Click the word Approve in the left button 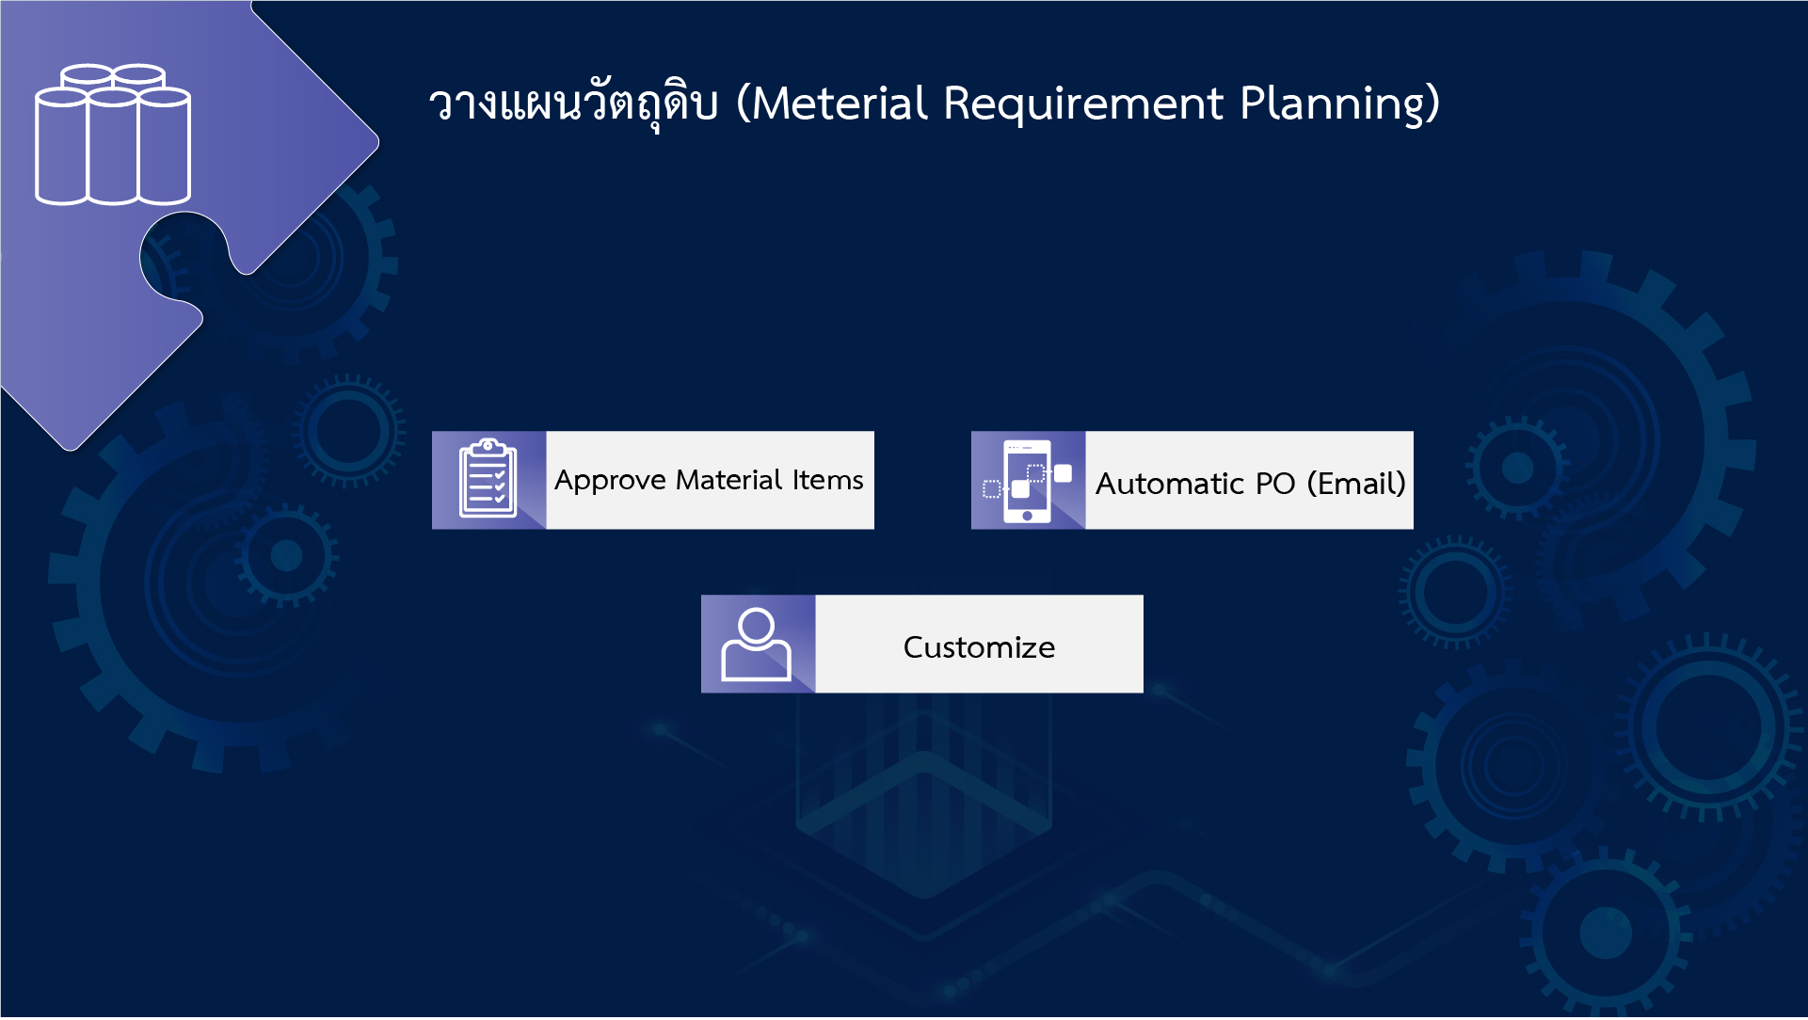click(x=610, y=481)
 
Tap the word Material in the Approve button click(x=728, y=480)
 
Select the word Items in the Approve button click(x=827, y=480)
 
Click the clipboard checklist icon click(x=488, y=479)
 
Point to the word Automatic click(x=1170, y=484)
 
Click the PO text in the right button click(x=1275, y=484)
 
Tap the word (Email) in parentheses click(x=1356, y=484)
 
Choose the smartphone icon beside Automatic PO click(x=1027, y=481)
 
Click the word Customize click(x=979, y=647)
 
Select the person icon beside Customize click(x=757, y=645)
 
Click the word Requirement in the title click(x=1084, y=104)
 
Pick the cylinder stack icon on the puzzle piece click(x=113, y=135)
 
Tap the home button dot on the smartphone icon click(x=1028, y=516)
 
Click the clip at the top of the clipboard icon click(x=488, y=445)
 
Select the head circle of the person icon click(x=757, y=626)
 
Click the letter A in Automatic click(x=1108, y=484)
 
